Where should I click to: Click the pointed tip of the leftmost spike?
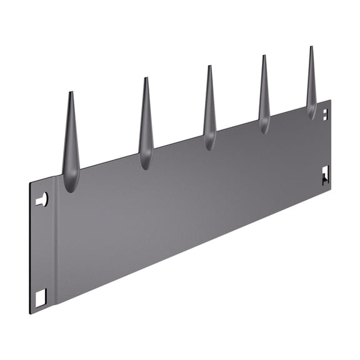point(71,93)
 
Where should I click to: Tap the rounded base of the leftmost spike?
point(71,182)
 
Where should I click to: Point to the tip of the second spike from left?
point(146,79)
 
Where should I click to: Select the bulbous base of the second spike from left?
point(146,161)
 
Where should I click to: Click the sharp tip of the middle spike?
point(209,66)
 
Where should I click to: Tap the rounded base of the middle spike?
point(210,142)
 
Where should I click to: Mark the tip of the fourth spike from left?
point(264,56)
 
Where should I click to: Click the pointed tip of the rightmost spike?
point(311,47)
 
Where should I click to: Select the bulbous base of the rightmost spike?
point(311,112)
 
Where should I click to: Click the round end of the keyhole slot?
point(44,199)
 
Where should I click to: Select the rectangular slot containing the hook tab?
point(325,176)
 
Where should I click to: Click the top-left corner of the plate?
point(30,183)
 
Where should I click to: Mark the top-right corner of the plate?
point(331,100)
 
